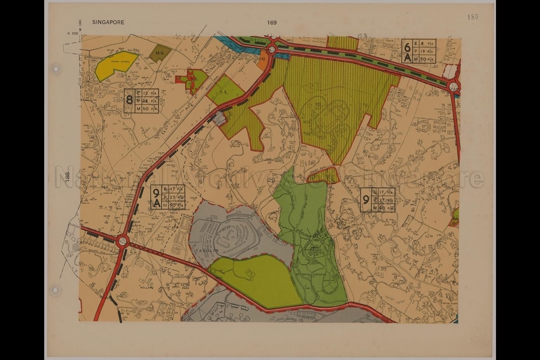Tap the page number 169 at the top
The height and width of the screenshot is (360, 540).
272,22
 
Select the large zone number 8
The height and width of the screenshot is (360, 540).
129,100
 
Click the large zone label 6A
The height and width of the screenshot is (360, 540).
407,51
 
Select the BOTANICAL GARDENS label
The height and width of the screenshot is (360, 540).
311,274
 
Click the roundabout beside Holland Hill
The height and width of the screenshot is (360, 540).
122,241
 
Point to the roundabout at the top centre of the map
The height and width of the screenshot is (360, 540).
272,49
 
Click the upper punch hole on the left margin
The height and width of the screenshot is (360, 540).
55,69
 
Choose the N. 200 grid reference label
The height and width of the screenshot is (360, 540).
72,33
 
